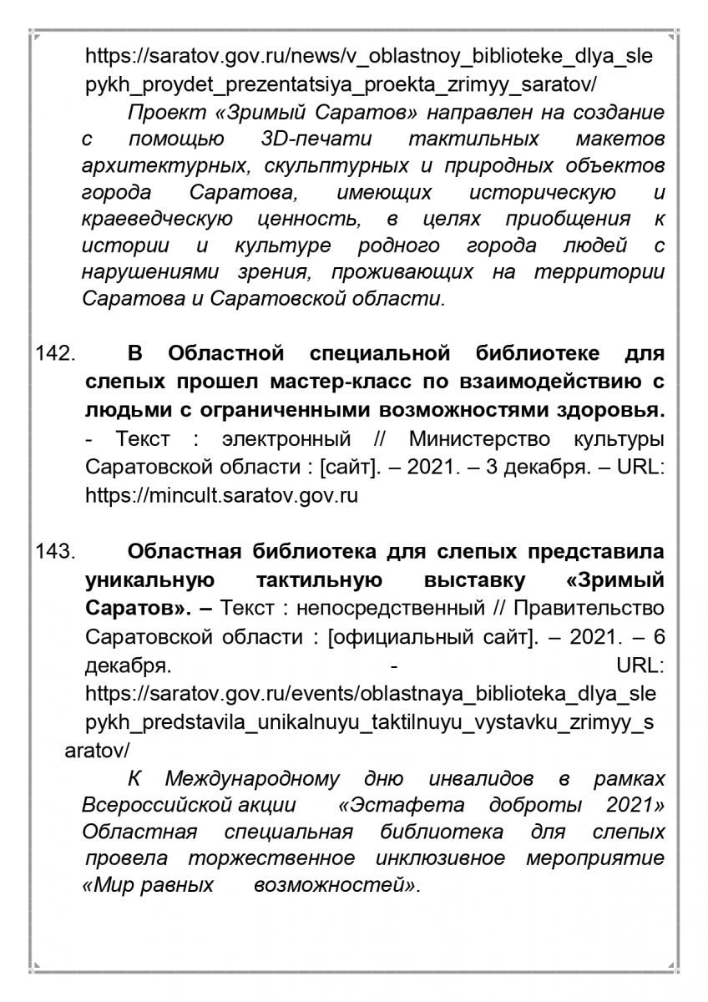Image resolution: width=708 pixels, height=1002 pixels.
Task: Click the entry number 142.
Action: click(56, 353)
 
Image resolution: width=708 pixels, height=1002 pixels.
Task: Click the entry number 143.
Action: click(56, 552)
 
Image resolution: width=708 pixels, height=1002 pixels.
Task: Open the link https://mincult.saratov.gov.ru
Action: click(221, 495)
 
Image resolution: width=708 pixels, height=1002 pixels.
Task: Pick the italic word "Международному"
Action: click(252, 779)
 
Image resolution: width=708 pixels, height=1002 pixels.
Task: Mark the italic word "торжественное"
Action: click(271, 858)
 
